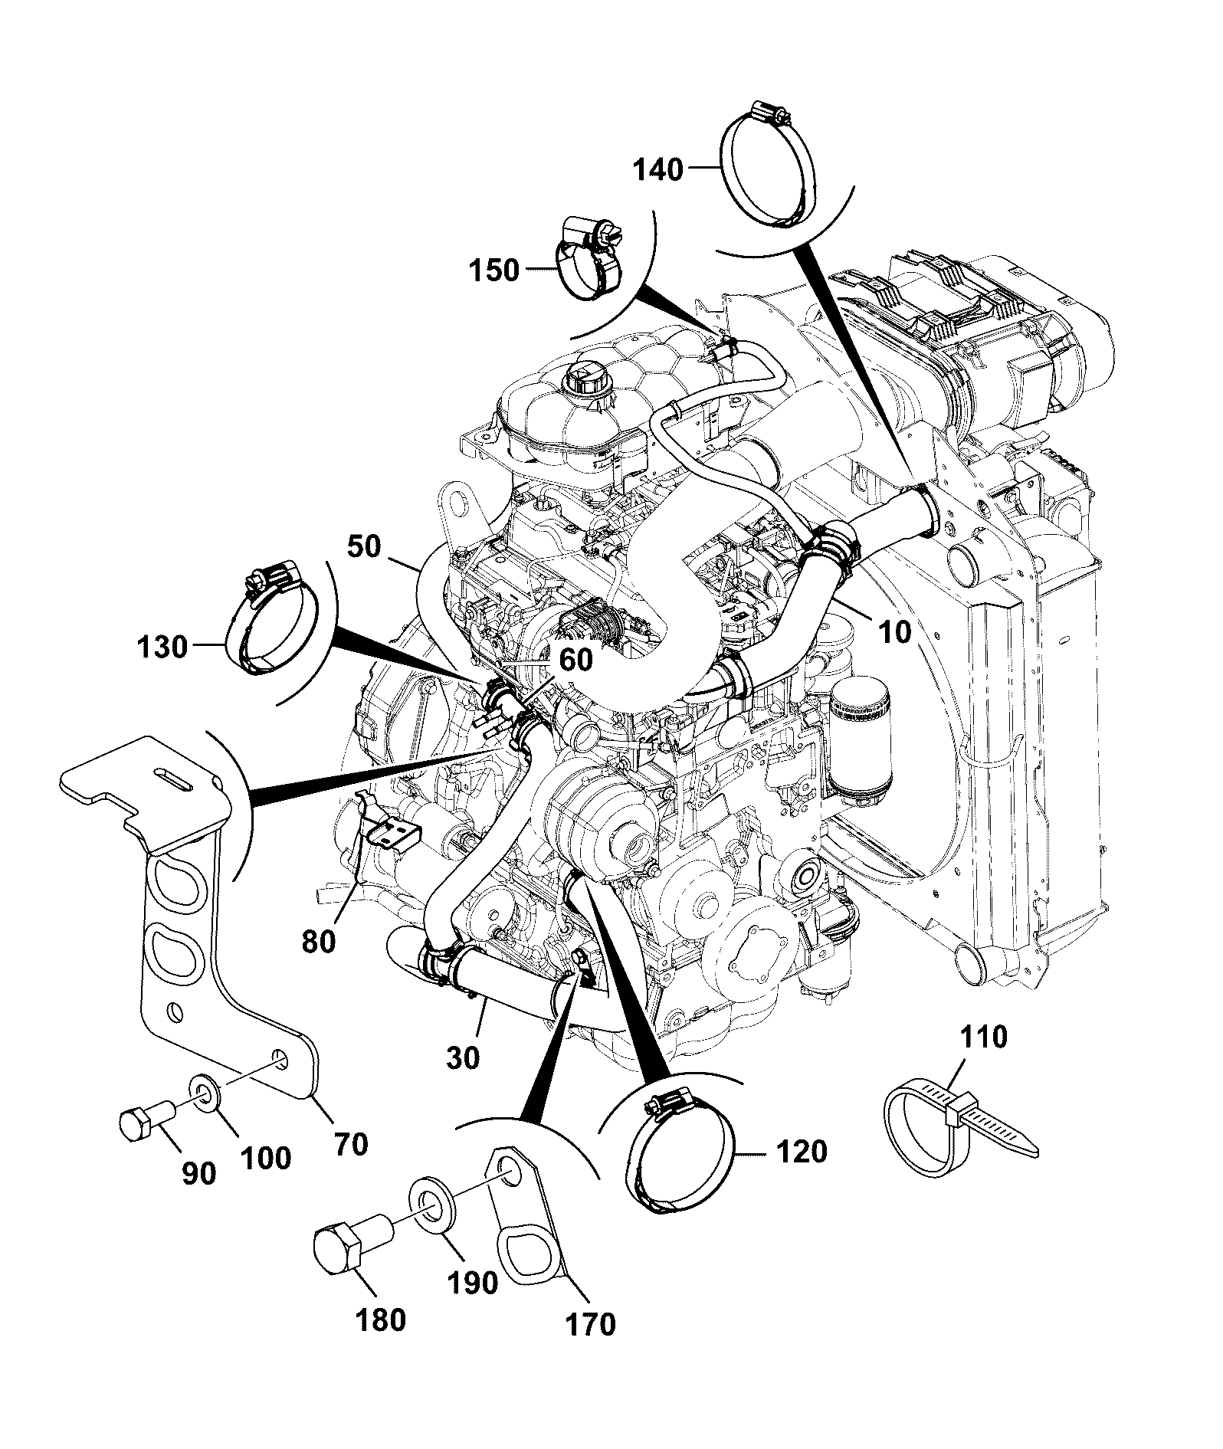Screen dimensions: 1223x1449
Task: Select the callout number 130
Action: click(162, 647)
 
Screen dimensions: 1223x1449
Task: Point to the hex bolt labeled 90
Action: click(148, 1122)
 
